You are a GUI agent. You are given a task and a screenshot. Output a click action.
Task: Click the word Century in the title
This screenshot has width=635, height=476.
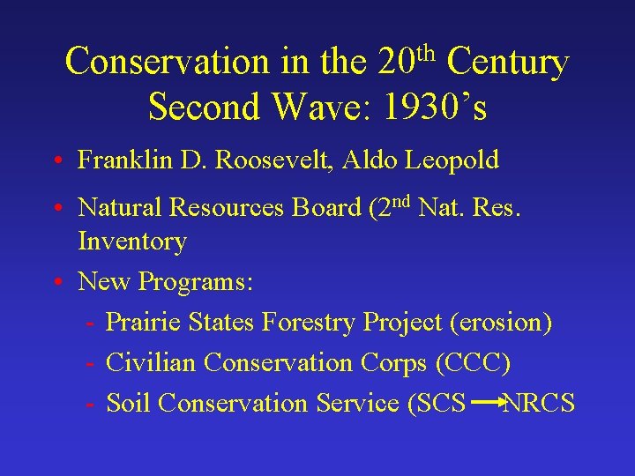507,62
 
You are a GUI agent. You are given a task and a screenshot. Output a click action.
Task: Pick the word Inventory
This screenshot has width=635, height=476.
132,242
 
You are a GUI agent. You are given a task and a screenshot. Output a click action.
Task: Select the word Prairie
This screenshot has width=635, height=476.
143,323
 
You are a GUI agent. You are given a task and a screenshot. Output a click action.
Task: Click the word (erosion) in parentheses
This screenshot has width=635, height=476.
501,323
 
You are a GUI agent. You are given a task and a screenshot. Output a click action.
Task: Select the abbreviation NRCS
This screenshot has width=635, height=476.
539,404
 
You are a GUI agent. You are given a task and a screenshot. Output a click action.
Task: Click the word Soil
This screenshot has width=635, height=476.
129,404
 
